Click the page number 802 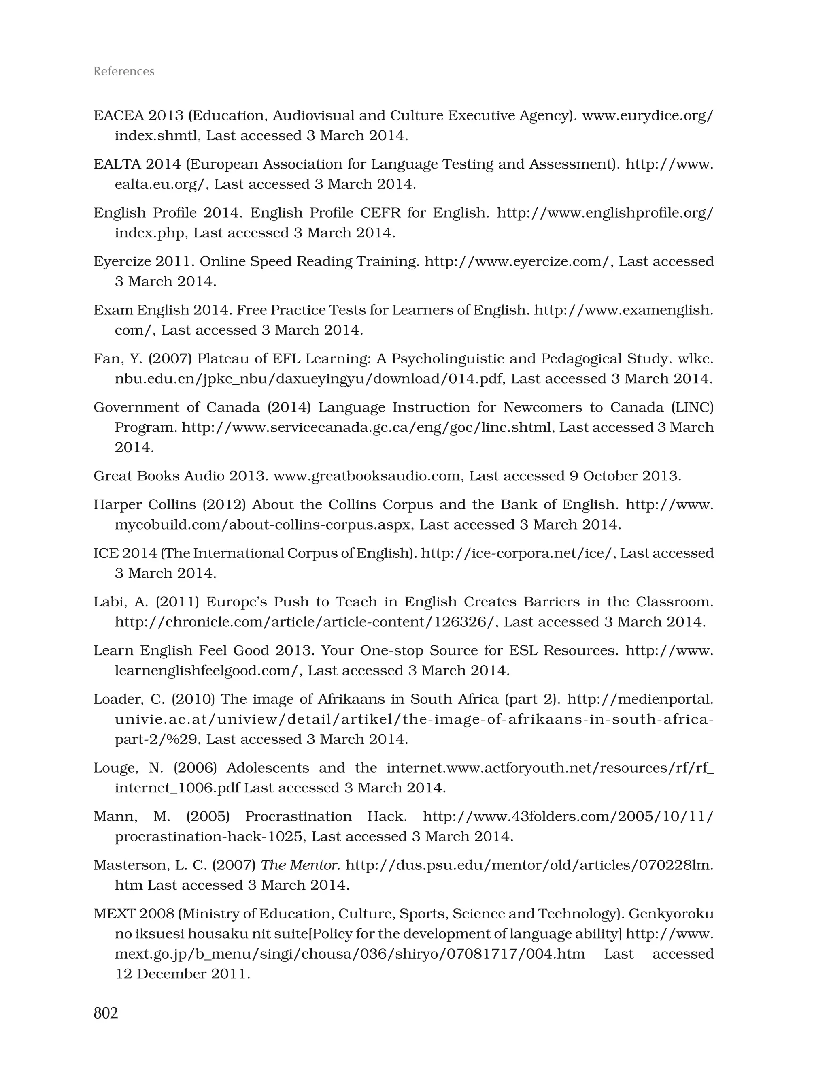click(106, 1012)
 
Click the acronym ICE click(106, 553)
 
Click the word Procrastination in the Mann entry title click(298, 816)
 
